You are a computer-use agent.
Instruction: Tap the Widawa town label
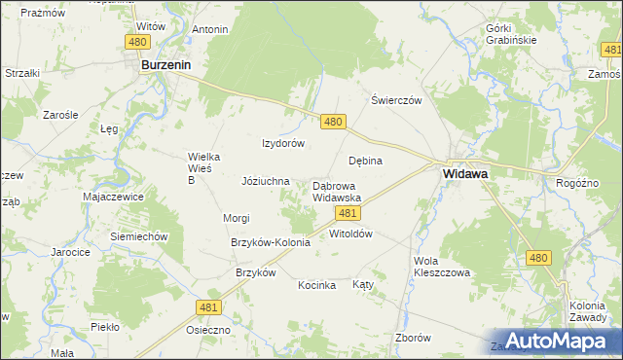pos(465,173)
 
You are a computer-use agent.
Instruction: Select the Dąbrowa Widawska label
pos(337,192)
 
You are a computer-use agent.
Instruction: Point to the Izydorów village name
pos(283,143)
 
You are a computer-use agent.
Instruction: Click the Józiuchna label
pos(266,181)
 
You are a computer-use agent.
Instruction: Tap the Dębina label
pos(365,161)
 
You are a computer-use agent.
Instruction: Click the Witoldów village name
pos(351,234)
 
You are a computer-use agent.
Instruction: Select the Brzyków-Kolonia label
pos(270,242)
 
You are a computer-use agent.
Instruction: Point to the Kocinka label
pos(317,285)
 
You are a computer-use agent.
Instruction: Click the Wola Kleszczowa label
pos(442,268)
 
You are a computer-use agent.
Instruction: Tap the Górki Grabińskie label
pos(511,34)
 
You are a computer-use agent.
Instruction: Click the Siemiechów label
pos(140,236)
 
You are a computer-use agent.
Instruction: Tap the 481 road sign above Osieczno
pos(207,307)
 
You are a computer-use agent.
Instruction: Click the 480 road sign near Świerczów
pos(333,121)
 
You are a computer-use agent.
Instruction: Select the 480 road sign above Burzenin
pos(137,41)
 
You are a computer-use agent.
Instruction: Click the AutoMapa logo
pos(555,340)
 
